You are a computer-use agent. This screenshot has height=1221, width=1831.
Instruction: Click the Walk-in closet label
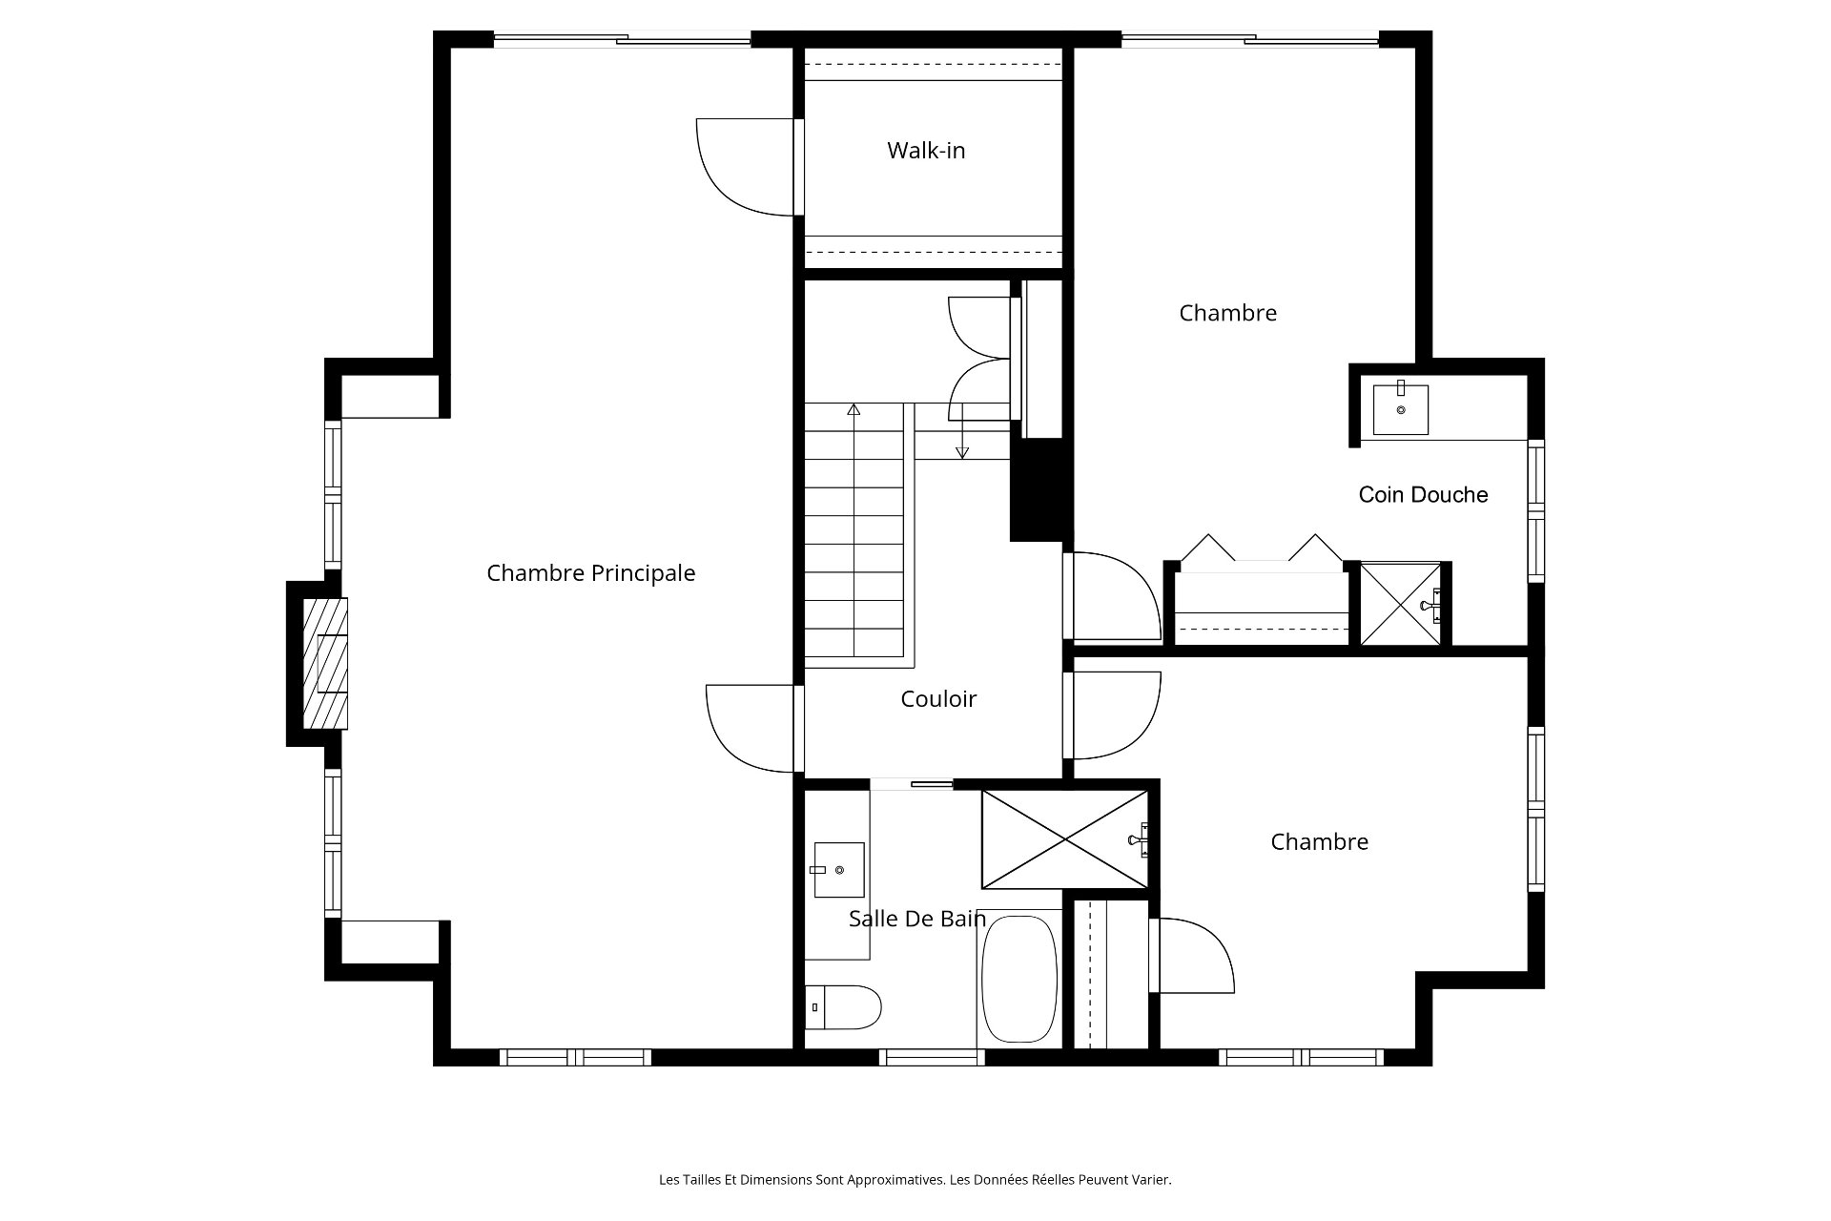coord(926,151)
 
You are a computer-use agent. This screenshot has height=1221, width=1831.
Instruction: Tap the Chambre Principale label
coord(591,573)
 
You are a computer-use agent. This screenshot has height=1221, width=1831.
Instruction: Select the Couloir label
coord(938,699)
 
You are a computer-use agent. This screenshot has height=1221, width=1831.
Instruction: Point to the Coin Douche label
coord(1423,494)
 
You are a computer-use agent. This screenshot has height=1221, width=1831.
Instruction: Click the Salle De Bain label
coord(917,919)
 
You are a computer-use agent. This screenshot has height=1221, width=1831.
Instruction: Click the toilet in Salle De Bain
coord(843,1007)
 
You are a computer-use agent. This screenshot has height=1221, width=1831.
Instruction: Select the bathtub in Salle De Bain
coord(1019,979)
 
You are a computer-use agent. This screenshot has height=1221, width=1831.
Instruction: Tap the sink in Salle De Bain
coord(839,870)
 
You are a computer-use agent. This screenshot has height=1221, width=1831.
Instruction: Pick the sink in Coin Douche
coord(1401,408)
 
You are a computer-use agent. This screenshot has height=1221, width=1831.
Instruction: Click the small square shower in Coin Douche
coord(1400,604)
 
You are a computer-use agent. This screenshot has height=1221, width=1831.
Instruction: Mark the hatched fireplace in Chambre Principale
coord(325,663)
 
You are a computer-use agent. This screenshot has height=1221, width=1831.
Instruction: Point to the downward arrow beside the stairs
coord(962,430)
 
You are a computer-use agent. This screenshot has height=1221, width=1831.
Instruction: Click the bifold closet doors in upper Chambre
coord(1263,548)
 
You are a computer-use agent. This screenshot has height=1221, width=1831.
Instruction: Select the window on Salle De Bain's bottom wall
coord(931,1057)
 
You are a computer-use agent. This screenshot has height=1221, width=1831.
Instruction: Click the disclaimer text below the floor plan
coord(915,1180)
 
